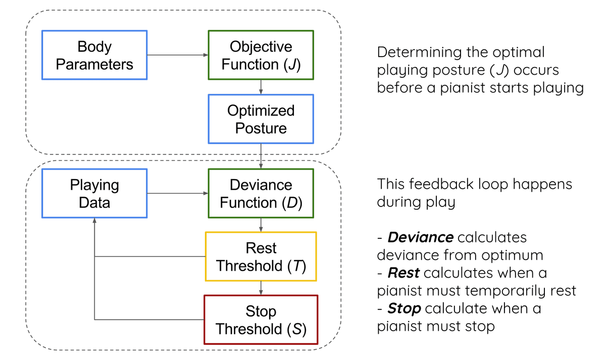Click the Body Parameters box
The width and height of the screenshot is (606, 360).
click(x=94, y=55)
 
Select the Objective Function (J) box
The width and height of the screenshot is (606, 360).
click(x=261, y=55)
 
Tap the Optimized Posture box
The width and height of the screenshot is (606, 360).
click(x=261, y=119)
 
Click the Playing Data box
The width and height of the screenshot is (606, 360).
click(x=94, y=193)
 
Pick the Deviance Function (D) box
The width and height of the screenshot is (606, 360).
click(x=261, y=193)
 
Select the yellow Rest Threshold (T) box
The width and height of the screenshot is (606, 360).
click(x=261, y=256)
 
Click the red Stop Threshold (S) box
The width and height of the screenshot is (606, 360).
click(x=261, y=320)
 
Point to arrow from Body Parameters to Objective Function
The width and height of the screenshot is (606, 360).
click(x=177, y=55)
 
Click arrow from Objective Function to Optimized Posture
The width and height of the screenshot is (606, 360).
click(x=261, y=87)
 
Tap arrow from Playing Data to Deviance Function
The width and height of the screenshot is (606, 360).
click(x=177, y=193)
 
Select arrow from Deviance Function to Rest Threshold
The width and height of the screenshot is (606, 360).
click(x=261, y=225)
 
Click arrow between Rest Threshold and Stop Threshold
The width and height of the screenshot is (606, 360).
click(x=261, y=288)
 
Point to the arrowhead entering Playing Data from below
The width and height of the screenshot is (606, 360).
click(x=94, y=222)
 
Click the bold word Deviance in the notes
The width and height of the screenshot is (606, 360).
click(x=421, y=237)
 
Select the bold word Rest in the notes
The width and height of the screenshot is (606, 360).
click(x=403, y=273)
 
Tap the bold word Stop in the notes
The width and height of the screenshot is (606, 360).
click(x=405, y=308)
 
